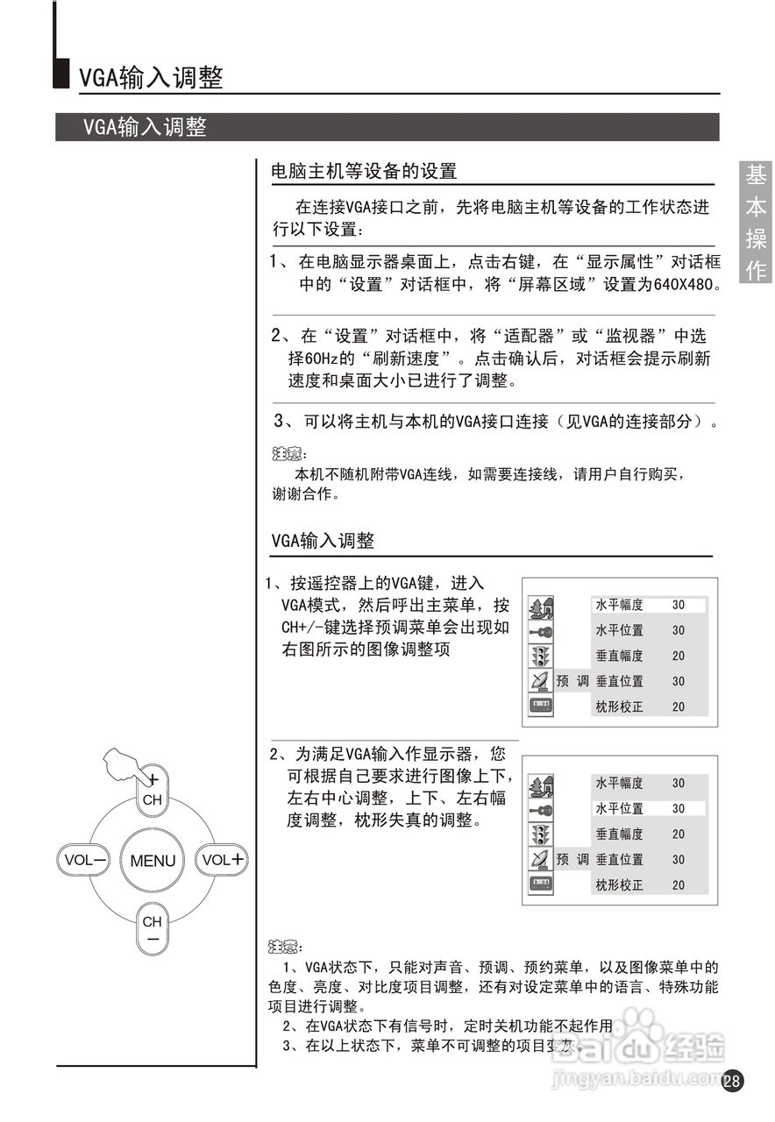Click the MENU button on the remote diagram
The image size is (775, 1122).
tap(153, 861)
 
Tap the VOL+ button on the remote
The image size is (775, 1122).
tap(222, 860)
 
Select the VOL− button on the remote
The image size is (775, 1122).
tap(85, 860)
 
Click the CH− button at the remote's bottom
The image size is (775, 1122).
tap(153, 929)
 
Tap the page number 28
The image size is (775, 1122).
tap(732, 1081)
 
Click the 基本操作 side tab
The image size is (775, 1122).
tap(756, 223)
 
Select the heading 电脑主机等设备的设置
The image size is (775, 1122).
tap(364, 171)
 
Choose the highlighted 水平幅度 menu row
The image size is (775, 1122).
tap(649, 605)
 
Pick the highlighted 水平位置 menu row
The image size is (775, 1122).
tap(649, 809)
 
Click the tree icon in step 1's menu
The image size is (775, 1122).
tap(541, 607)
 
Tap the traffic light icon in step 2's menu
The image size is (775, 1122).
tap(541, 834)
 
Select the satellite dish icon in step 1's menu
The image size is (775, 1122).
tap(540, 681)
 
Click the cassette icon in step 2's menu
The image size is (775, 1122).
tap(541, 884)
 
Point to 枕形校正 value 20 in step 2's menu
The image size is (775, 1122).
tap(679, 885)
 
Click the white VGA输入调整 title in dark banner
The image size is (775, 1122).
tap(145, 127)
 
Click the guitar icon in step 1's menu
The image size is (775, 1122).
tap(541, 631)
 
